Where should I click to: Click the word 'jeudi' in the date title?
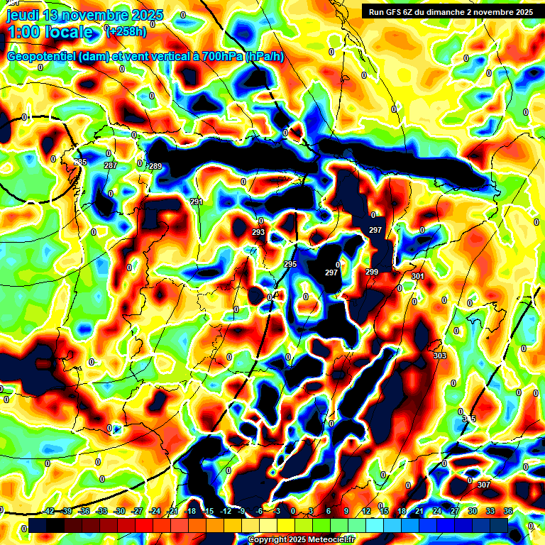(23, 15)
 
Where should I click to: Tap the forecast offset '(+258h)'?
(126, 31)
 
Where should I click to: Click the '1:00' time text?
(22, 33)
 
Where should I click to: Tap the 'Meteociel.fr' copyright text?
(326, 540)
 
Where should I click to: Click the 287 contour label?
(111, 165)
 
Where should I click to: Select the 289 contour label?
(155, 166)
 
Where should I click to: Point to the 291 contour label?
(197, 202)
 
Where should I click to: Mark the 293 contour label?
(258, 232)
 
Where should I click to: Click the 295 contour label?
(290, 264)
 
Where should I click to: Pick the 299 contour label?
(372, 272)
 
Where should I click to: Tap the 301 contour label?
(417, 276)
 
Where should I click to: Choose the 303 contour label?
(439, 356)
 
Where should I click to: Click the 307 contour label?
(484, 485)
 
